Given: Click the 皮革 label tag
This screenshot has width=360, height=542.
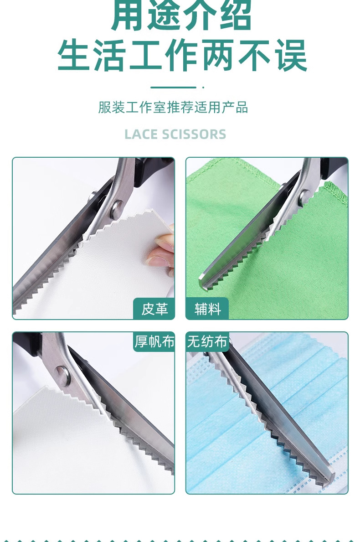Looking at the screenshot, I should pos(154,309).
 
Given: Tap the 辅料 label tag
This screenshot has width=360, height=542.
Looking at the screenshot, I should pos(207,309).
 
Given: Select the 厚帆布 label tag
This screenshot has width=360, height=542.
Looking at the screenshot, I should pos(154,341).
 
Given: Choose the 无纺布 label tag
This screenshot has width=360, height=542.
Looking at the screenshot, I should pos(207,341).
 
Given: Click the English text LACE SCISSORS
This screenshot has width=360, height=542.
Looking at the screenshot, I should pos(175,134).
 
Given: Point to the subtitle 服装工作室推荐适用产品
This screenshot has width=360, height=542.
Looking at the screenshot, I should pos(173,108).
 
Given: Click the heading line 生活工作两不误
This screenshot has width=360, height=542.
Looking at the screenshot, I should pos(182,55).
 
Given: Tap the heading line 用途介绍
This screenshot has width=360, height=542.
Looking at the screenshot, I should pos(181,16).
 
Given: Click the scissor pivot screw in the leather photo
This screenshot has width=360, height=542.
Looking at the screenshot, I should pos(117,208).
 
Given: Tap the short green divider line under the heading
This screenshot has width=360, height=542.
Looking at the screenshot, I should pos(173,87).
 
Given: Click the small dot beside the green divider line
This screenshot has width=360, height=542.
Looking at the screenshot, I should pos(203,87).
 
